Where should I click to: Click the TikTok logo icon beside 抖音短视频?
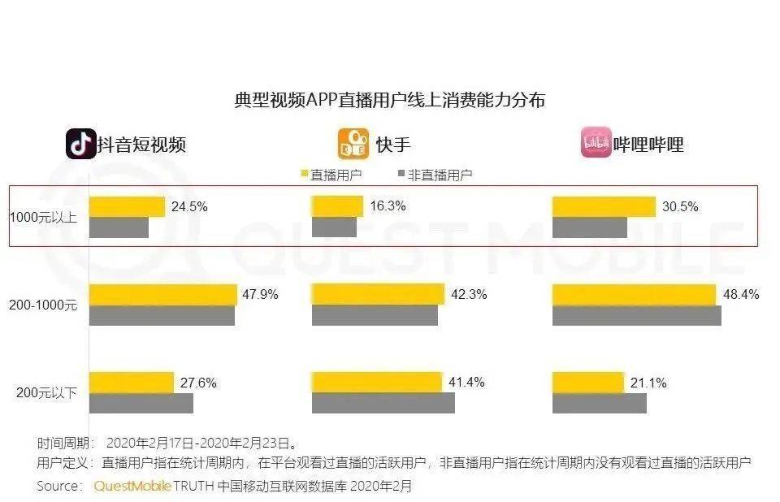80,144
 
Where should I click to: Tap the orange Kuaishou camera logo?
353,144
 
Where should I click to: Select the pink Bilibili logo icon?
596,144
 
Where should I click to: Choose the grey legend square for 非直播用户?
400,174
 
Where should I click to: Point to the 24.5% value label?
189,207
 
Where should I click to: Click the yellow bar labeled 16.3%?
337,207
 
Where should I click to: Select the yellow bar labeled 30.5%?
603,207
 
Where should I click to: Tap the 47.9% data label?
260,295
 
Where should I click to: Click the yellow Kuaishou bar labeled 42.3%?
378,294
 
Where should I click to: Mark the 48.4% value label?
741,295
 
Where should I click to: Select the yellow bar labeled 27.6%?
131,383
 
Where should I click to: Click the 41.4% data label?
468,383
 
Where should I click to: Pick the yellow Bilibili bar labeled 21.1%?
587,383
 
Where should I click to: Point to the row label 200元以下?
46,392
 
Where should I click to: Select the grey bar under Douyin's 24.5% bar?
119,227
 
